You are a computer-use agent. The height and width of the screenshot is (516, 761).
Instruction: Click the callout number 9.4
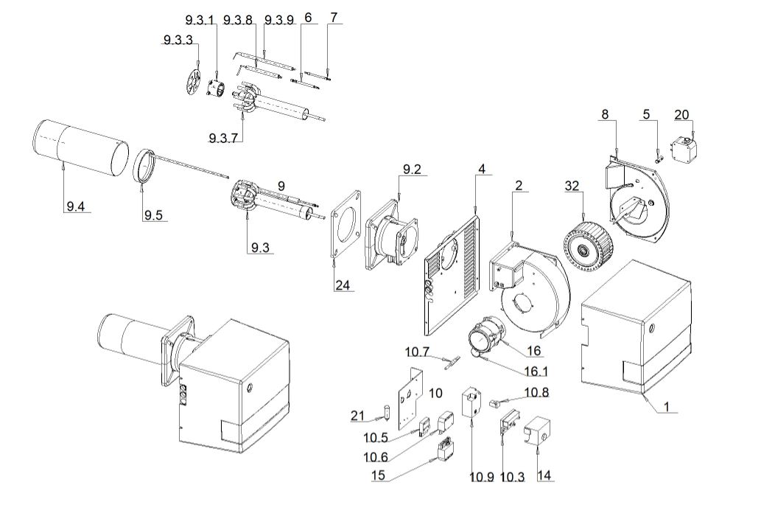pos(74,206)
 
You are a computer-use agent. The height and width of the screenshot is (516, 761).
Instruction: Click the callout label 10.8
pos(536,392)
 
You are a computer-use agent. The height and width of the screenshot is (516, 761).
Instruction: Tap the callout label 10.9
pos(483,477)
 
